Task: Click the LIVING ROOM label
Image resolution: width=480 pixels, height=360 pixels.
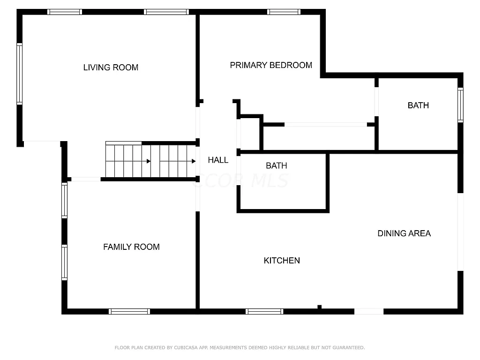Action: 111,67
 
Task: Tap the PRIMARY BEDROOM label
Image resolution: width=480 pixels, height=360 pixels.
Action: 271,65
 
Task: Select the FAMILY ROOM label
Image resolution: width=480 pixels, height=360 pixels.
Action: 131,247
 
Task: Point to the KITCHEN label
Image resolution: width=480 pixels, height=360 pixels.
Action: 282,261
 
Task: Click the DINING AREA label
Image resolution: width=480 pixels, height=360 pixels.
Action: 404,233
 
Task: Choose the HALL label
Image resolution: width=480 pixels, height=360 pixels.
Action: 218,160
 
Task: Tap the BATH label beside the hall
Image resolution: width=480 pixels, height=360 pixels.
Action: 276,165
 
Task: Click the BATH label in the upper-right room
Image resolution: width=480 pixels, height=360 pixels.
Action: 418,105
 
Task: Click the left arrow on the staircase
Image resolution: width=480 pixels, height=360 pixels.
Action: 148,161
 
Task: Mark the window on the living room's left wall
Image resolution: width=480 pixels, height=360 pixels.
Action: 20,74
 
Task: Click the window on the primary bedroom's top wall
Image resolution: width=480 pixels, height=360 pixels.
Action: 284,12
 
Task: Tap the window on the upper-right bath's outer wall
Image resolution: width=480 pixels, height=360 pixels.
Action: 460,105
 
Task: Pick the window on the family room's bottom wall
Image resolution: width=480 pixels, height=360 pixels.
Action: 129,311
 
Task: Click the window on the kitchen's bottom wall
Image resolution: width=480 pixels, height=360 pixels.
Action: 264,311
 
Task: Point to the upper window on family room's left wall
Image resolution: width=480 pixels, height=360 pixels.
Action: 65,201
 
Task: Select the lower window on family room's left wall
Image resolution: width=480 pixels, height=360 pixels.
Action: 65,262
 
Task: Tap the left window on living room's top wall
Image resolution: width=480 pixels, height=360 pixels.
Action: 65,12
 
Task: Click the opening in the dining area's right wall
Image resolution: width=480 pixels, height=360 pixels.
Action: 460,232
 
